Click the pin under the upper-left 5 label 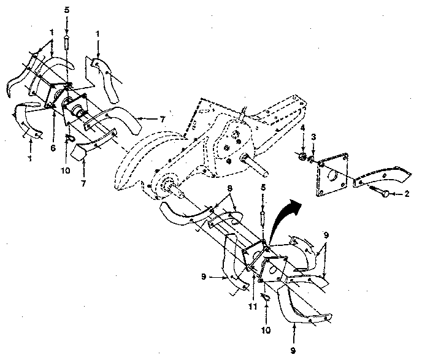pos(66,44)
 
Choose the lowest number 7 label pos(83,183)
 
